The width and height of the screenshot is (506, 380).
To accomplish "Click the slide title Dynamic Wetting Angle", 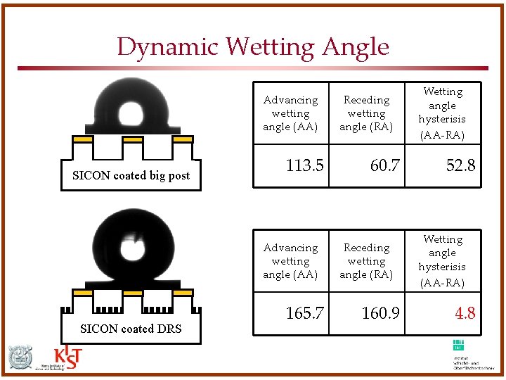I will (253, 47).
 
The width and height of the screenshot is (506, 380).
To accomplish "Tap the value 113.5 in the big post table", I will (304, 165).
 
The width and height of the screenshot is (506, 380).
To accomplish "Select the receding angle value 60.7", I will (384, 165).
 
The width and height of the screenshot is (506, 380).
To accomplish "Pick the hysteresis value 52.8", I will (460, 165).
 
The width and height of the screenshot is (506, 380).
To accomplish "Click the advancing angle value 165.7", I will (304, 313).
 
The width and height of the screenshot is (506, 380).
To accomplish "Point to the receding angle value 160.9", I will (380, 313).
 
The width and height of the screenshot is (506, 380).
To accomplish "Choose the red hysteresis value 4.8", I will (465, 313).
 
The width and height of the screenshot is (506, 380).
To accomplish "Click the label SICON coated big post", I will (131, 176).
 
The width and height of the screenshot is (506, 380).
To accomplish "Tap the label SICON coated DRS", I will (131, 329).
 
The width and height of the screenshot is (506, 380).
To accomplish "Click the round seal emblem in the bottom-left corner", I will (20, 358).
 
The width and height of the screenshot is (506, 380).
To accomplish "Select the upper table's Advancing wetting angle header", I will (290, 113).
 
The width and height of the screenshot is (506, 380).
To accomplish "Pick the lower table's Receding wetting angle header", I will (366, 261).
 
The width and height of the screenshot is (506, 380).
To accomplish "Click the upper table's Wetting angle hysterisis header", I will (442, 113).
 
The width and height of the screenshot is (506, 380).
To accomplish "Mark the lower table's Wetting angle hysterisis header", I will (442, 261).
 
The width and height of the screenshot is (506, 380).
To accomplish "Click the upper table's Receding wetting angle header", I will (366, 113).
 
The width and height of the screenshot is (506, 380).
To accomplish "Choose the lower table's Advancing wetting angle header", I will (290, 261).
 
